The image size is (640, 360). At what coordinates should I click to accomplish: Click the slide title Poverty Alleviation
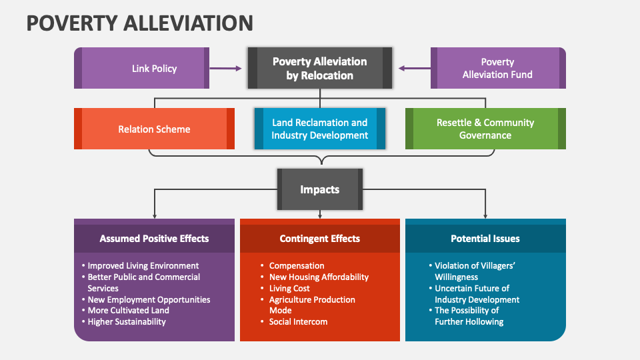pos(139,23)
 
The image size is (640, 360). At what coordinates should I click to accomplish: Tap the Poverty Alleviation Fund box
pos(497,68)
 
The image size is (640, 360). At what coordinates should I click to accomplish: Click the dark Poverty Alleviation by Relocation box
pos(320,68)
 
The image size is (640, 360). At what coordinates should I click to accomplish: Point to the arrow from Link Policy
pos(227,68)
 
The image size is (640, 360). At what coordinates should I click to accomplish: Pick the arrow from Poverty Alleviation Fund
pos(414,68)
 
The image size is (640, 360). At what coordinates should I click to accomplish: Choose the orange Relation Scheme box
pos(154,129)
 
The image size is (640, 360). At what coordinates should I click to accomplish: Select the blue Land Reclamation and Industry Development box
pos(320,129)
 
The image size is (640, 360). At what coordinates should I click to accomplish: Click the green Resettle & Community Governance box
pos(485,129)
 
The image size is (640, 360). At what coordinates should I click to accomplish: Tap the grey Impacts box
pos(320,189)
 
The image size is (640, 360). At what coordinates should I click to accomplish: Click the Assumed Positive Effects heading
pos(154,238)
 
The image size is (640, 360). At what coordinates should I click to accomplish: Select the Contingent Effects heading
pos(320,238)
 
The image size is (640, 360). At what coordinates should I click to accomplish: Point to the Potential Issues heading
pos(485,238)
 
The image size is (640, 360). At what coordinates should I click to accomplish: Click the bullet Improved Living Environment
pos(143,265)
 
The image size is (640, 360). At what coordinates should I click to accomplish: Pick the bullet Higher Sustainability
pos(127,321)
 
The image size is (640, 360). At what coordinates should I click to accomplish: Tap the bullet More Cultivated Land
pos(128,310)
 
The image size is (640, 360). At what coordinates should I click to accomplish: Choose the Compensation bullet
pos(297,265)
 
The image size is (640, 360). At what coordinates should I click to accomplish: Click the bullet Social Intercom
pos(297,321)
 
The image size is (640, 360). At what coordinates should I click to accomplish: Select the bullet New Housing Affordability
pos(319,277)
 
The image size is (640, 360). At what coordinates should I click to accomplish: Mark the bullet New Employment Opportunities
pos(149,299)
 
